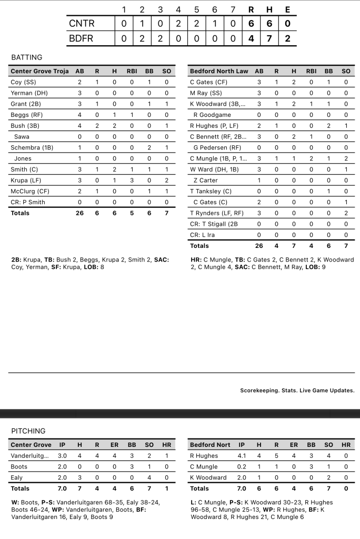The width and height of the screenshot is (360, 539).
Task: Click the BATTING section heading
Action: (27, 57)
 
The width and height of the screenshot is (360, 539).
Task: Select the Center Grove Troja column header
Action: (39, 71)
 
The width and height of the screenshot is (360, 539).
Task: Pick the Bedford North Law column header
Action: (218, 71)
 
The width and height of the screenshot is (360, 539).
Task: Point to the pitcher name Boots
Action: (19, 467)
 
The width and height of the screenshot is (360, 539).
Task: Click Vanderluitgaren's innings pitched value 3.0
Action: (63, 456)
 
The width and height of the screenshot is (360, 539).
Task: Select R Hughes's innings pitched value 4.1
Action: (242, 456)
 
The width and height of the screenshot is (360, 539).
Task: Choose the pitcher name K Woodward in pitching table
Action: (208, 477)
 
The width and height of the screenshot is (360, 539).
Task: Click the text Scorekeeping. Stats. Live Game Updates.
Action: (297, 391)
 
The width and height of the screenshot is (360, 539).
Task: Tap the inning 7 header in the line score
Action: (232, 9)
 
